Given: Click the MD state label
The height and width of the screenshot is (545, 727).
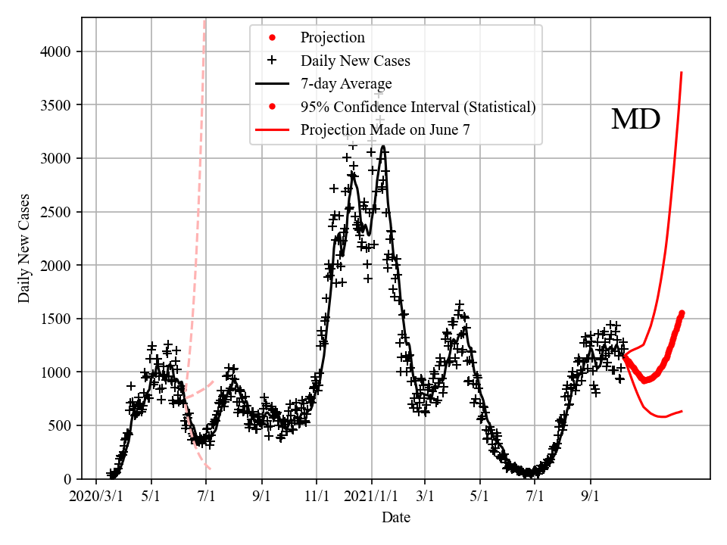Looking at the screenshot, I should (x=635, y=120).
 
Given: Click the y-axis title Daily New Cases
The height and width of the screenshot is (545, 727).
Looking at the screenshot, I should (x=24, y=249).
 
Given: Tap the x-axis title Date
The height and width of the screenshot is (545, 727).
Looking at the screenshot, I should (x=396, y=518).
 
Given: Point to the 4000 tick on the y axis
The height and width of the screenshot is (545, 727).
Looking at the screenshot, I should (x=57, y=51).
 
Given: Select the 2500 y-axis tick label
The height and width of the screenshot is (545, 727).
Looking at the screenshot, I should (x=57, y=211).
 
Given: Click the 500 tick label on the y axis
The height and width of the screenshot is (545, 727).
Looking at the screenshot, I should (x=61, y=425).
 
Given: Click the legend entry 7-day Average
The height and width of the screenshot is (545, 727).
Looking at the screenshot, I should (x=346, y=83).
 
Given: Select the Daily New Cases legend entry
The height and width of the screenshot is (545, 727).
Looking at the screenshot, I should (x=355, y=61).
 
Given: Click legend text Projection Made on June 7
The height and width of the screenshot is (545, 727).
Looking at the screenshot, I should (x=385, y=129).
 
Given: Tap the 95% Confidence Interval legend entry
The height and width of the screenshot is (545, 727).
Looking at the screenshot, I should (x=418, y=107).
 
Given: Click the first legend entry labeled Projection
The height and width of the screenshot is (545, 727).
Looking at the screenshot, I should (x=332, y=38).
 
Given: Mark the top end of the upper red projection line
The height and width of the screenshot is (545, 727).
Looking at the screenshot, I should (x=682, y=73).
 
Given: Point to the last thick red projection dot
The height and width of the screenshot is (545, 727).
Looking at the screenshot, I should (x=682, y=313).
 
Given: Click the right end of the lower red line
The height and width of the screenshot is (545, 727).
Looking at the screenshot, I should (x=682, y=411).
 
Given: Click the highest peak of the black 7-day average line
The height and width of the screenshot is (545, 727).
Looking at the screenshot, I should (x=384, y=147).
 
